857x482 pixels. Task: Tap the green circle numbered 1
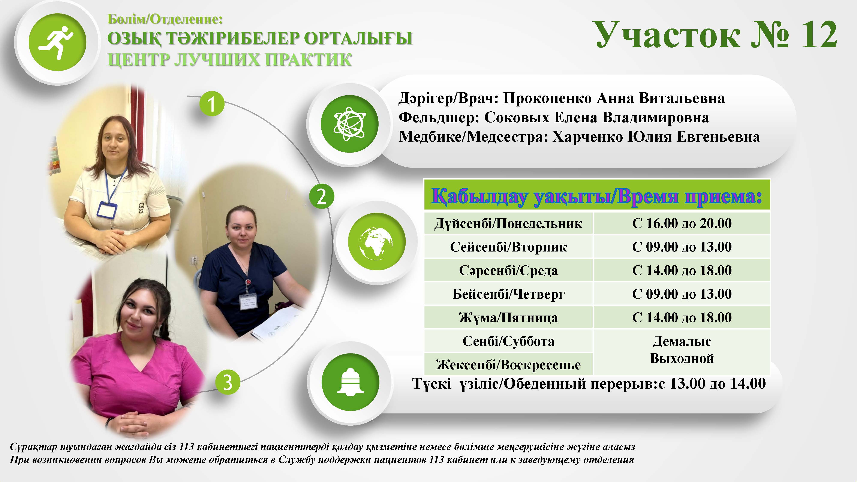212,104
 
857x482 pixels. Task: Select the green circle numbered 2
321,196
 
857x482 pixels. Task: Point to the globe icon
376,242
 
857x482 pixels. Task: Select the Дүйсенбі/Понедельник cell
508,223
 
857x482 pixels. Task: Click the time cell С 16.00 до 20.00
682,223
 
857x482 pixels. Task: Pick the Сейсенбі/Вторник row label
508,247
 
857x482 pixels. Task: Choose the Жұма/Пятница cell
508,317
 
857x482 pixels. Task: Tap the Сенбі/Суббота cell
508,341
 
